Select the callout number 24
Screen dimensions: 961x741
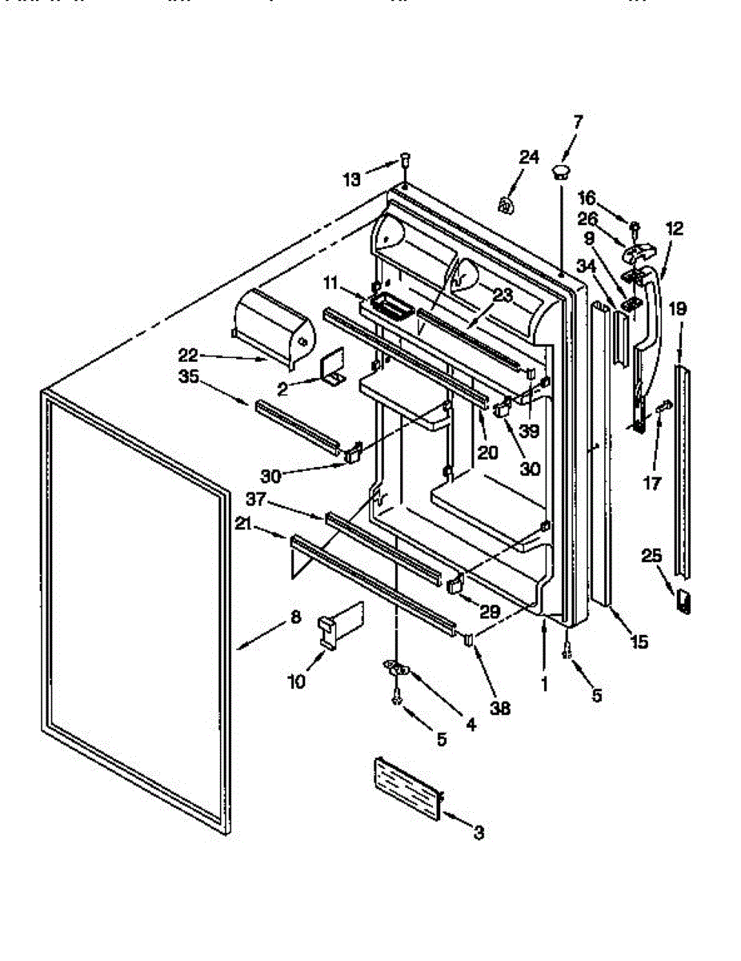tap(529, 157)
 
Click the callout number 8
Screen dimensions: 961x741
tap(295, 617)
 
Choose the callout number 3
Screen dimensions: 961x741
tap(478, 833)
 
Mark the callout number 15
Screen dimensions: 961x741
tap(639, 641)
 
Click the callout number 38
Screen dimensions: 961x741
tap(501, 708)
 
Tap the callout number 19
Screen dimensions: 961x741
tap(678, 308)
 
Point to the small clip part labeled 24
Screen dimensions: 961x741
tap(506, 206)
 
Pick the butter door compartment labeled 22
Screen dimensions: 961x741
tap(270, 324)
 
